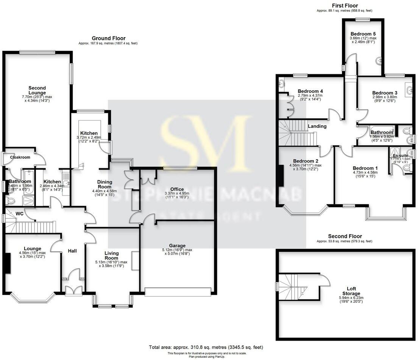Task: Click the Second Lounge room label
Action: coord(37,90)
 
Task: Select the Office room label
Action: coord(177,189)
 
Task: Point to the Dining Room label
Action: coord(104,184)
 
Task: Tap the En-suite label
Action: coord(400,155)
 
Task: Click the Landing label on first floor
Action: coord(317,126)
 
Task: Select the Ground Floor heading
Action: coord(109,38)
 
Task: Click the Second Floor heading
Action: coord(345,236)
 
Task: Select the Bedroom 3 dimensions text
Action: coord(384,99)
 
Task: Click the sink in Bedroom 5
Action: coord(378,61)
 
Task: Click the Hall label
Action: coord(72,251)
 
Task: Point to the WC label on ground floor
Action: coord(19,214)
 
